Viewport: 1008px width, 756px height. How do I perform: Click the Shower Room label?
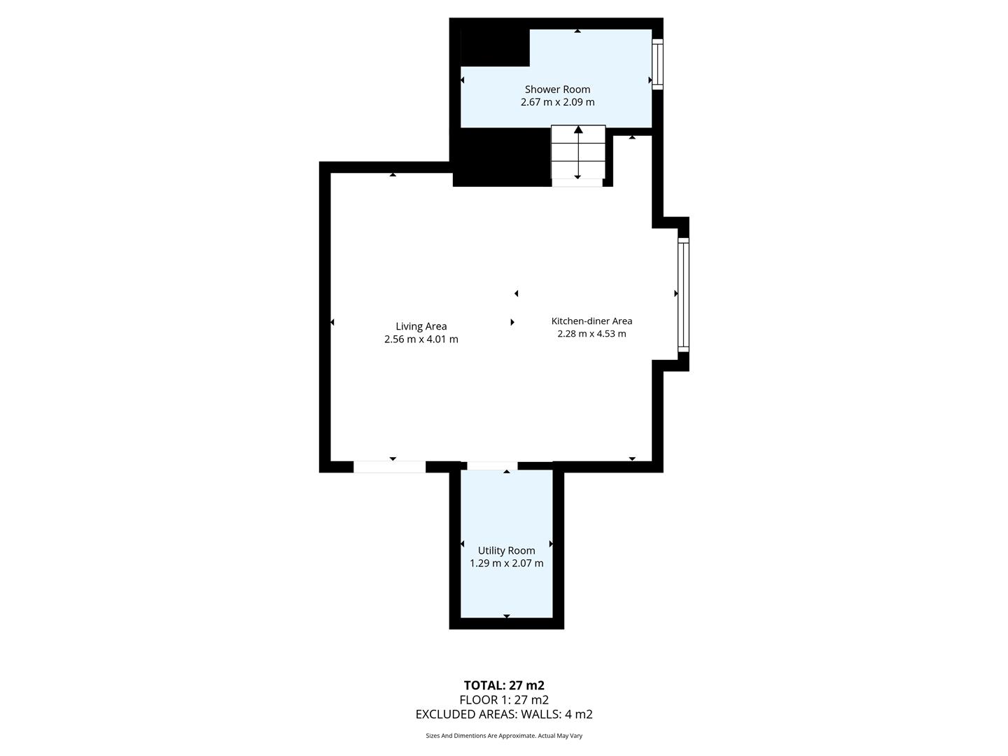(557, 90)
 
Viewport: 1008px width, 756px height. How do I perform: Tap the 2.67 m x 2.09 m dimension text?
(557, 102)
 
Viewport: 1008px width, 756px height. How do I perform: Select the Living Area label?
(421, 326)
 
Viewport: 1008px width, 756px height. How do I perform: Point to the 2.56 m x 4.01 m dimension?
(421, 339)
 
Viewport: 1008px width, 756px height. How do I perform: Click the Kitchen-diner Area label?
(591, 321)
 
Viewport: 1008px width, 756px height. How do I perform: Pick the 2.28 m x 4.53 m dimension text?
(591, 334)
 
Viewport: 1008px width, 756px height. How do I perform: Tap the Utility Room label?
(506, 551)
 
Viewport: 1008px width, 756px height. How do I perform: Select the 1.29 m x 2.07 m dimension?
(506, 563)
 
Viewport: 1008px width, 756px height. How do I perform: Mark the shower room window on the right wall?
(657, 64)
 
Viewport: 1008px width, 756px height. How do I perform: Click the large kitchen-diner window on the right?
(683, 294)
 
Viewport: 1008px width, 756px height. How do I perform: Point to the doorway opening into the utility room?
(492, 466)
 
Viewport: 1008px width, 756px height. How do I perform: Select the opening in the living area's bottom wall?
(389, 467)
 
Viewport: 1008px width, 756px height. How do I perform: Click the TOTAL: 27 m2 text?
(504, 685)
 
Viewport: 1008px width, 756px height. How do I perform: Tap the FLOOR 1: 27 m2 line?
(504, 700)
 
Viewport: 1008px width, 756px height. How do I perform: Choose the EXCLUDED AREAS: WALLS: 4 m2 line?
(504, 715)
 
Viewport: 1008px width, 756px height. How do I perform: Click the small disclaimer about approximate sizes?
(504, 736)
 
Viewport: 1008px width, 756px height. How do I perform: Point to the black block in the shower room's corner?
(494, 48)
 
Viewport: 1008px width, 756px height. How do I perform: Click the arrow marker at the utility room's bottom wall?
(506, 616)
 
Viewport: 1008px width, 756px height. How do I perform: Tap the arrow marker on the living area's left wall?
(332, 322)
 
